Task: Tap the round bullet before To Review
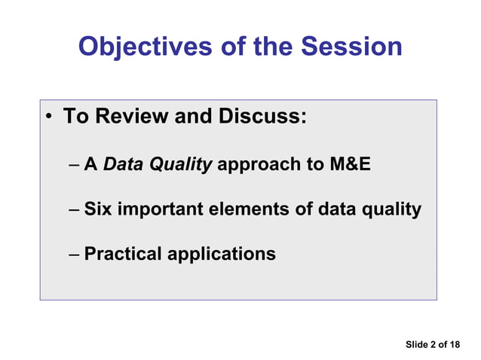pyautogui.click(x=49, y=118)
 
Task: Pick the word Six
pyautogui.click(x=97, y=209)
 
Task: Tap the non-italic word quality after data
pyautogui.click(x=389, y=209)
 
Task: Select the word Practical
pyautogui.click(x=123, y=254)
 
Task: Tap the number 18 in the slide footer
pyautogui.click(x=454, y=344)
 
